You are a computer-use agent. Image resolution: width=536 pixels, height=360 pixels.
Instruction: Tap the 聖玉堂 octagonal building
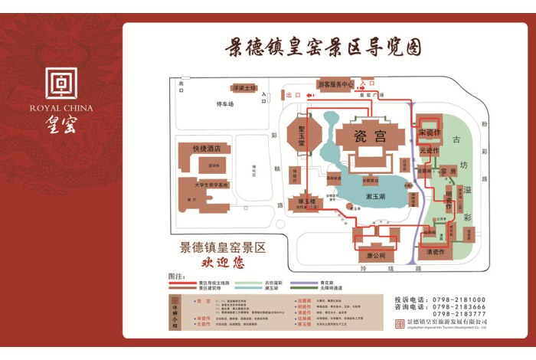click(301, 136)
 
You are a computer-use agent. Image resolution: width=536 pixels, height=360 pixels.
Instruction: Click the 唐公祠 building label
click(375, 254)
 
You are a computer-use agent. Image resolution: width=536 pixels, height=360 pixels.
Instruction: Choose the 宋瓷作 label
click(430, 133)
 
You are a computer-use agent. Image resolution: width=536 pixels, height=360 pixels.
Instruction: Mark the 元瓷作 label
click(430, 150)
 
